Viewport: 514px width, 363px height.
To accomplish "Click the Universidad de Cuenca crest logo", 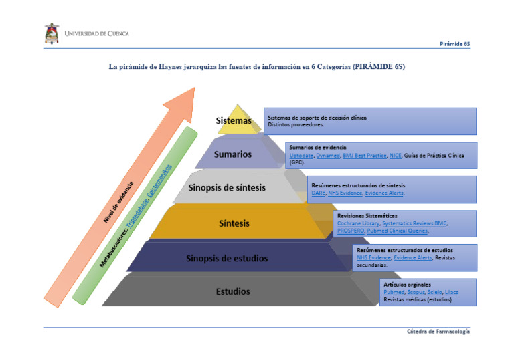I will (52, 33).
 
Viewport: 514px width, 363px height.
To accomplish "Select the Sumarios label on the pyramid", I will (233, 154).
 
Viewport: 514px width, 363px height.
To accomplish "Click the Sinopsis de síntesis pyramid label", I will (228, 187).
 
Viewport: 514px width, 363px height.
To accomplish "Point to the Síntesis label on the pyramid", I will (234, 223).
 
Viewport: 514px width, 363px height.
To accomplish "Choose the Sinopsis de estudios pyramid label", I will (227, 258).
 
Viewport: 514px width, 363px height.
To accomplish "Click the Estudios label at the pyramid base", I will (233, 291).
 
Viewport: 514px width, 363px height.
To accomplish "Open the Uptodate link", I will (301, 155).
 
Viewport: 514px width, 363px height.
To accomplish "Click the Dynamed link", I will (327, 155).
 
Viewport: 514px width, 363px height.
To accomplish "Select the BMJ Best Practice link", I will (364, 155).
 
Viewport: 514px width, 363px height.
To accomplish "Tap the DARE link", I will (318, 193).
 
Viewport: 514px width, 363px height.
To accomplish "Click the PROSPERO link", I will (350, 231).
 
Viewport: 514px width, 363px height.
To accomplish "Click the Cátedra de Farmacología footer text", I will (438, 332).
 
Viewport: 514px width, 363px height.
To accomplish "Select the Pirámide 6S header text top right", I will (454, 44).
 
